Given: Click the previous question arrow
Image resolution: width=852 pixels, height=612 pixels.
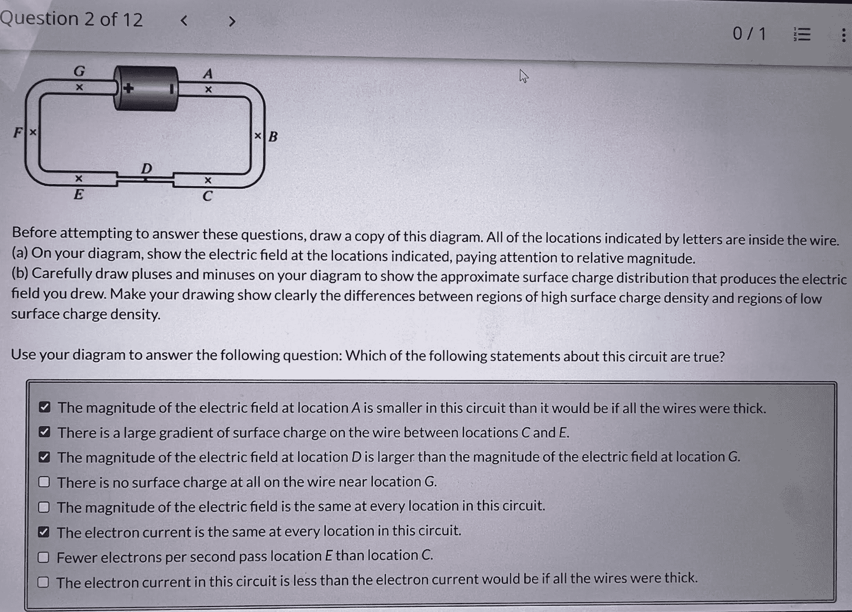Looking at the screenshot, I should (x=184, y=21).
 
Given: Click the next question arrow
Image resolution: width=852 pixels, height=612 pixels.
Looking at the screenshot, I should (x=232, y=21).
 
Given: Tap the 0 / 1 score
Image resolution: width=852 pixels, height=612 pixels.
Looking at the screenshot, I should (x=749, y=34).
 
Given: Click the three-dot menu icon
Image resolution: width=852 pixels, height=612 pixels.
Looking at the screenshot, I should (x=843, y=35).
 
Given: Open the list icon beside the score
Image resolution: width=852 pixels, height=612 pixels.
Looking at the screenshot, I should (x=802, y=34).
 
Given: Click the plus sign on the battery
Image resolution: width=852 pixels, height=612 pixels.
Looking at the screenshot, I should (x=128, y=88).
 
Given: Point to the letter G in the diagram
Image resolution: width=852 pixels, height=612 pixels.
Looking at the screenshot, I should (x=79, y=72).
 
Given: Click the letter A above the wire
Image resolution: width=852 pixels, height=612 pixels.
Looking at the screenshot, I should (x=208, y=74).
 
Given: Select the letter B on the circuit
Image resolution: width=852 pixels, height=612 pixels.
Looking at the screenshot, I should (x=273, y=136).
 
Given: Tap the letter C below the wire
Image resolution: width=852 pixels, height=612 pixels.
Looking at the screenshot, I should (x=208, y=196).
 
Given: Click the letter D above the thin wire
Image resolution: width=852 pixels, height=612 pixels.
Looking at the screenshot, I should (x=146, y=168).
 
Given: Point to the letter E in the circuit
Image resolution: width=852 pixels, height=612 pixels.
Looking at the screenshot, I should (x=78, y=194).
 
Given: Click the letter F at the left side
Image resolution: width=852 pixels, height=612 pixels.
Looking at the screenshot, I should (x=18, y=132).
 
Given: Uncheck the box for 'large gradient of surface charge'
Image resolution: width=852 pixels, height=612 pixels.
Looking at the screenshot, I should (x=44, y=432).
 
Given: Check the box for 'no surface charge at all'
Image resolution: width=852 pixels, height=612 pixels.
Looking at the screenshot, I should (x=44, y=482).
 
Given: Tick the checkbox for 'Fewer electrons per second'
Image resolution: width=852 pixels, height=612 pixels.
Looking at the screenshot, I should (x=43, y=557).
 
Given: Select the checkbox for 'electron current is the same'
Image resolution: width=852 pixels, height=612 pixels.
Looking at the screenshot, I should (x=44, y=532).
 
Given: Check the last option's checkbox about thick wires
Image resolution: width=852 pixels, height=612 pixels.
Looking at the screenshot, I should (x=43, y=582).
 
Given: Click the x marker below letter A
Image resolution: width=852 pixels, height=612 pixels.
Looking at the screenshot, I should (x=208, y=89).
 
